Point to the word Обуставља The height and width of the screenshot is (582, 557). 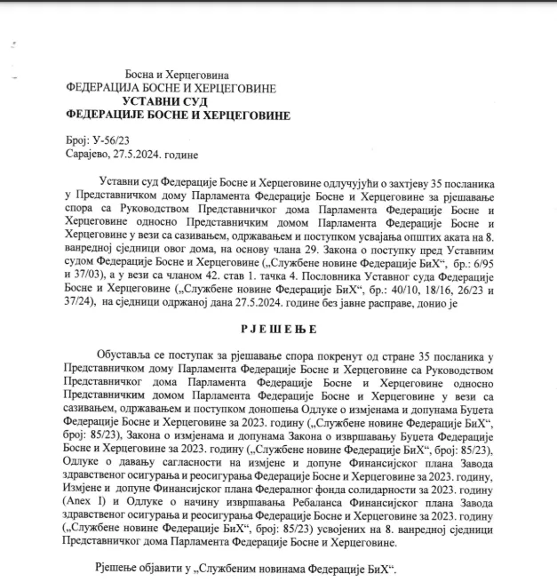click(132, 357)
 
